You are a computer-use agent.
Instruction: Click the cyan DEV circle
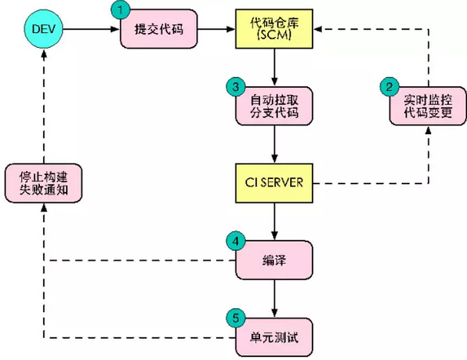43,29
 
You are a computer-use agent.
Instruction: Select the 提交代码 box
159,29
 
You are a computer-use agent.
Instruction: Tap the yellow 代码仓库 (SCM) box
274,29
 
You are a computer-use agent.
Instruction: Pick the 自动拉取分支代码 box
274,106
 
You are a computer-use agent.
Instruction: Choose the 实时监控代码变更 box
428,106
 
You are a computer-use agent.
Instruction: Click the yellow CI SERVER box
274,183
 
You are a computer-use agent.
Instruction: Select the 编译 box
274,260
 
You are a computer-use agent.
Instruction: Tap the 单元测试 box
274,337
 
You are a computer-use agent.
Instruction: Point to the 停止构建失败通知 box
43,183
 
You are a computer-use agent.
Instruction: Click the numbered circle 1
121,10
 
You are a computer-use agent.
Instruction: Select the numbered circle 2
389,87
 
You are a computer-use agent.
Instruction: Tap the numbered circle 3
236,87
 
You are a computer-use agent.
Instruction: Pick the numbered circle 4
236,241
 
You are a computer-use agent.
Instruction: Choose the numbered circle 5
236,318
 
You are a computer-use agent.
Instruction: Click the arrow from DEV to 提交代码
91,29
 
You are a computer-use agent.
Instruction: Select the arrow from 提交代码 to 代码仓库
216,29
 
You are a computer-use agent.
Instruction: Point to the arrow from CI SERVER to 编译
274,221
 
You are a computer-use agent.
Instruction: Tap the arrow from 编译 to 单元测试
274,298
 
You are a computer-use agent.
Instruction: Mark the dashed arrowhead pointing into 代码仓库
317,29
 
